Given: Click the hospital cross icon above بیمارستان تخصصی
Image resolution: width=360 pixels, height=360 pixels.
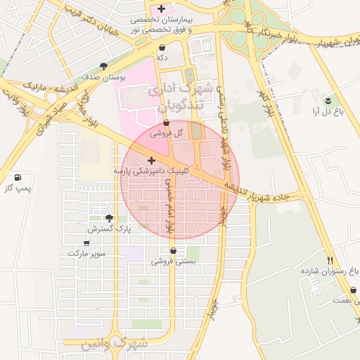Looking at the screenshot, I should coord(162,9).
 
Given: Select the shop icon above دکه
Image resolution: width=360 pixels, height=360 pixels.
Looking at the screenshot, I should coord(162,47).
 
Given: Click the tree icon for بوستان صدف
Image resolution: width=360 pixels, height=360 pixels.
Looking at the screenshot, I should coord(104,66).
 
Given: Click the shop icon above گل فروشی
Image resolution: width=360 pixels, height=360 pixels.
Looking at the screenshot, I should coord(167,123).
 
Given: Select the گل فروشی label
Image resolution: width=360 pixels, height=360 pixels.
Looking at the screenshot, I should coord(169,133).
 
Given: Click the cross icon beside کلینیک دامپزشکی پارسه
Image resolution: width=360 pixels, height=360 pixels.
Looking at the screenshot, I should coord(151,160).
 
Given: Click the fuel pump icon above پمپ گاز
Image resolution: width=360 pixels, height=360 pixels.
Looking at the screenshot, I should coord(18,177).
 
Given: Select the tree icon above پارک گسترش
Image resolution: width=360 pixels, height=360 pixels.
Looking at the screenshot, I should coord(109,218).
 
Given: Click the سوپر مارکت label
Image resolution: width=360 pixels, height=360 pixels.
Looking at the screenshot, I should coord(87,252).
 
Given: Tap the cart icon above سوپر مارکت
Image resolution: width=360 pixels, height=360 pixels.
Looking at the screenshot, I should coord(86,243).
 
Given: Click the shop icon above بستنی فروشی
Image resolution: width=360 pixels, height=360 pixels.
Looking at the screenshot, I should coord(173,250).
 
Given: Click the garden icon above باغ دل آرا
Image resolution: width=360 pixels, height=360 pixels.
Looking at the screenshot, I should coord(327,100).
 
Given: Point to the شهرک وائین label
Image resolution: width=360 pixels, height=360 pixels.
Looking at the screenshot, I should coord(105,345).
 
